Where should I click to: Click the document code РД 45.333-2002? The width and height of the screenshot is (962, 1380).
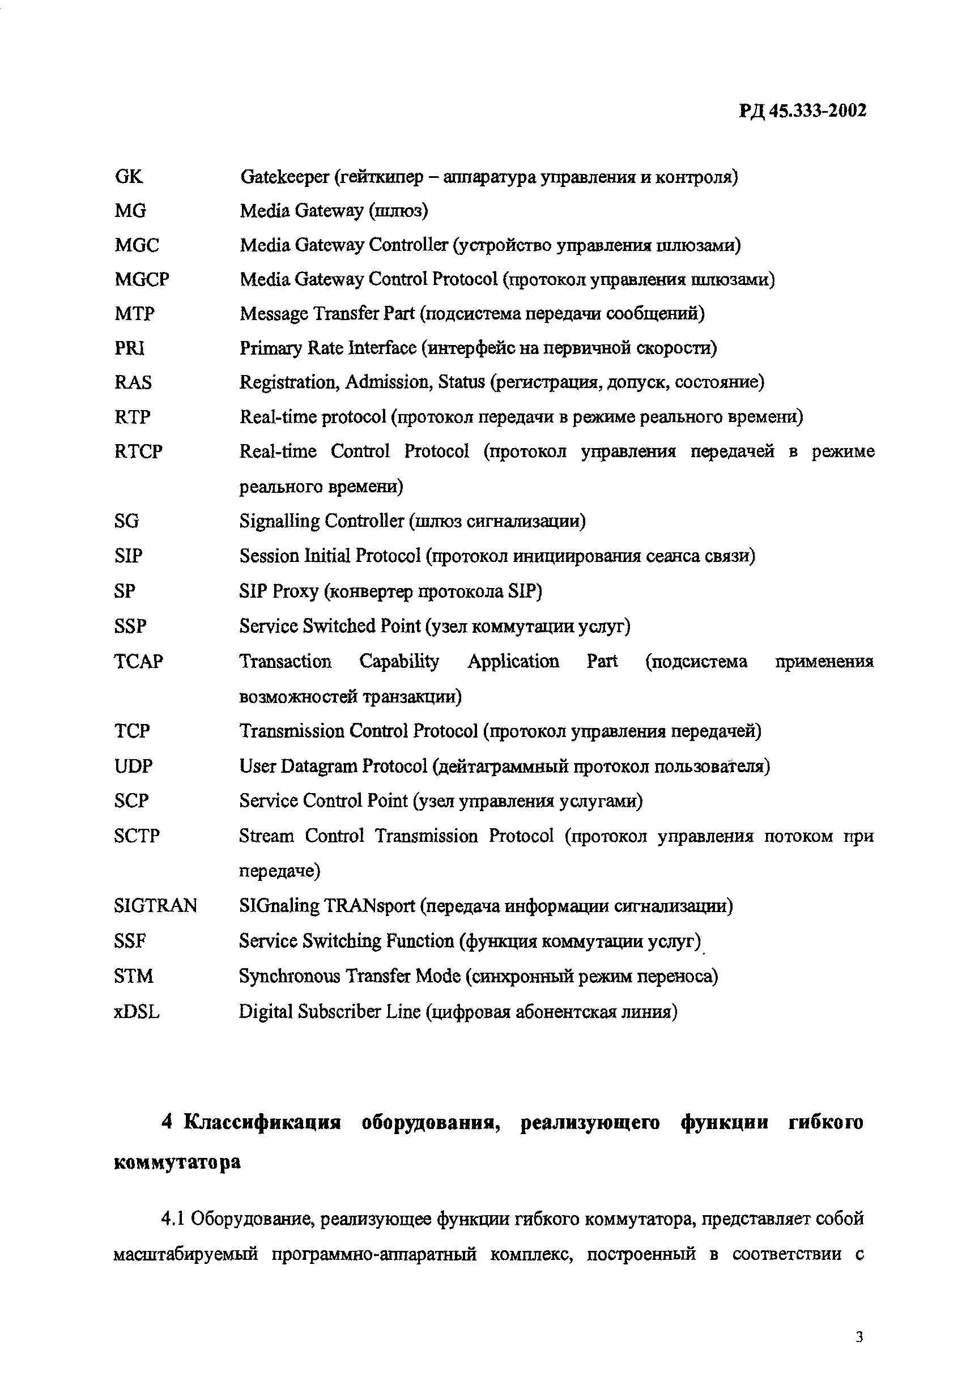pos(802,111)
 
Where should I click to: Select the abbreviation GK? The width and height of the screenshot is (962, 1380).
pos(129,177)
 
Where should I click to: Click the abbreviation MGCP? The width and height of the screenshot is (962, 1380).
pos(142,279)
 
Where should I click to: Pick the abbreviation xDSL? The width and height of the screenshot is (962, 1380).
pos(137,1012)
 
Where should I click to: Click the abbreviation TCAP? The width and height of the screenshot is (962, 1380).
pos(138,661)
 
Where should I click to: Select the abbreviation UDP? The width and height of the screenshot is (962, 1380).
pos(133,766)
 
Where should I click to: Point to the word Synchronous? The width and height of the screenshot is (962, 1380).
pos(289,976)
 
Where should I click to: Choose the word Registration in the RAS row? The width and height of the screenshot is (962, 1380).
pos(287,383)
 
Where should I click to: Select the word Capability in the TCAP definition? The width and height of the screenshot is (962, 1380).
pos(399,662)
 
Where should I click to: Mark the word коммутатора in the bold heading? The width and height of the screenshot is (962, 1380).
pos(177,1162)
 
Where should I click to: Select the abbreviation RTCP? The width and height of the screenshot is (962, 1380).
pos(138,452)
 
